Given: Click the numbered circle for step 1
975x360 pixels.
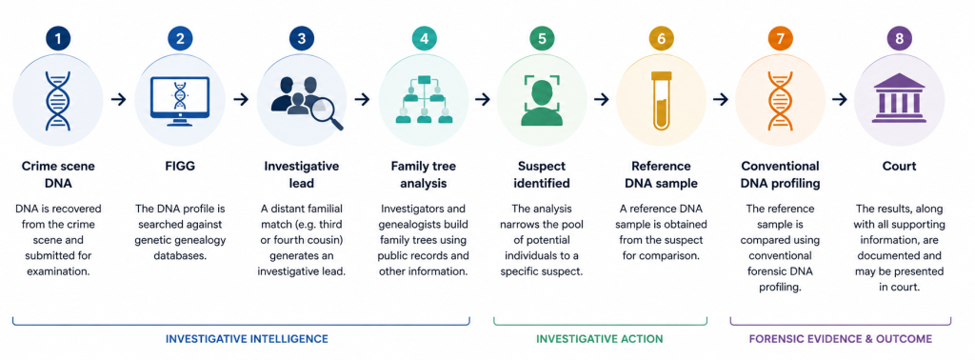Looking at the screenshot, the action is (x=58, y=38).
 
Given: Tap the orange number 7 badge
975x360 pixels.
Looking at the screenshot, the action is (x=781, y=38).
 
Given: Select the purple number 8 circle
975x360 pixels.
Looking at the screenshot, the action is (x=899, y=38).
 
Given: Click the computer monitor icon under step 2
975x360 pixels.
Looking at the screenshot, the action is (x=180, y=99).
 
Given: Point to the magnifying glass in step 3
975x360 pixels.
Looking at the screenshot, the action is (x=328, y=114).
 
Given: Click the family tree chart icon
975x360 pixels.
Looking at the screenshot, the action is (x=425, y=99).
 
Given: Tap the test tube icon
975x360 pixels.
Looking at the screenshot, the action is (x=661, y=100).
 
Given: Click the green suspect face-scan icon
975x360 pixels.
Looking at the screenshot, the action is (x=542, y=100).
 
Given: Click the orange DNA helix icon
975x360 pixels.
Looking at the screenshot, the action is (x=781, y=100).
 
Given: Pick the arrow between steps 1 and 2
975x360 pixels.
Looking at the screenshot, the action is (x=119, y=99).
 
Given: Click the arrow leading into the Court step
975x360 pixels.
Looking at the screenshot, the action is (x=840, y=99).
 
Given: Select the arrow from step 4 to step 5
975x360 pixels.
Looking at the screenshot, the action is (x=483, y=99).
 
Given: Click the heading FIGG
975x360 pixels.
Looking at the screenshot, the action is (x=180, y=167).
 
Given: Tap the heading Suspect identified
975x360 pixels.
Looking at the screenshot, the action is (x=542, y=175).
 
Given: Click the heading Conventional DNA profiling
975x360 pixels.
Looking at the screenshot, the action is (x=781, y=175).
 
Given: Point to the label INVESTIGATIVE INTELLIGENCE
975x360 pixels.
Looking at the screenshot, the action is (x=247, y=339).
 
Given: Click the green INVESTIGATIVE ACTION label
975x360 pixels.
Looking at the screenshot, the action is (x=600, y=339).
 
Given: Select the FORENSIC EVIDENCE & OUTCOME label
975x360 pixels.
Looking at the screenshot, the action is (x=841, y=339).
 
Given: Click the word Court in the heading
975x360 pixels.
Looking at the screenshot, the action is (x=899, y=167).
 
